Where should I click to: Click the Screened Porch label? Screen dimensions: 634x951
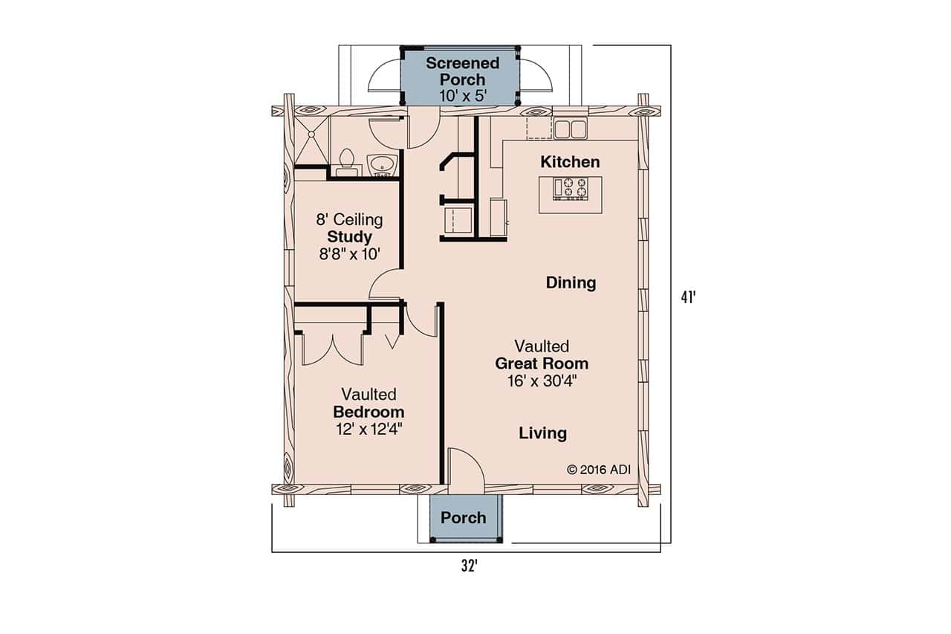[462, 71]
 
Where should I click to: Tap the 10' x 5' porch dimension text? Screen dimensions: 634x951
[462, 96]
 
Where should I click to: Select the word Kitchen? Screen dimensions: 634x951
[570, 162]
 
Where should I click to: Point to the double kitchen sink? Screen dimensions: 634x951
[570, 129]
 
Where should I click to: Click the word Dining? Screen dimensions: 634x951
[571, 282]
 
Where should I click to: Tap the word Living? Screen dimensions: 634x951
[542, 433]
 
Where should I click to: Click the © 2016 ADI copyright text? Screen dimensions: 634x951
[598, 469]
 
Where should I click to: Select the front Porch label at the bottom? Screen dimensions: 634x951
[463, 517]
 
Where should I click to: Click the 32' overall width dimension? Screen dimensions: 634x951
[467, 566]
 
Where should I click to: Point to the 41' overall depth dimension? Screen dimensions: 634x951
[688, 297]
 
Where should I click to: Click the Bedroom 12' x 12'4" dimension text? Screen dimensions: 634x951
[369, 428]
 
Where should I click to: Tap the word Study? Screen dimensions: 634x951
[349, 237]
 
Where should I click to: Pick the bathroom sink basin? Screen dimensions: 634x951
[383, 164]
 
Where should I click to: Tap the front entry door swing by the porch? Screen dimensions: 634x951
[466, 470]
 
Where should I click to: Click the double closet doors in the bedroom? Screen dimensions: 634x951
[332, 349]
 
